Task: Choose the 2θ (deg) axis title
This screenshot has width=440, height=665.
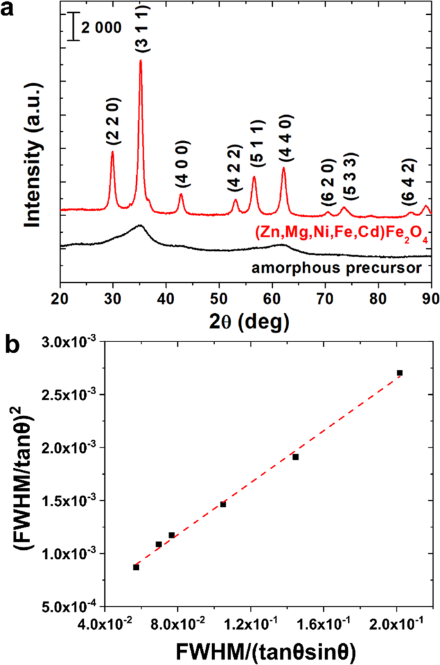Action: click(x=244, y=319)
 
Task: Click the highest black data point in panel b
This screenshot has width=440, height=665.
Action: click(x=400, y=373)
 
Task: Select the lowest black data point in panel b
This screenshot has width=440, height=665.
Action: click(x=136, y=567)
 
